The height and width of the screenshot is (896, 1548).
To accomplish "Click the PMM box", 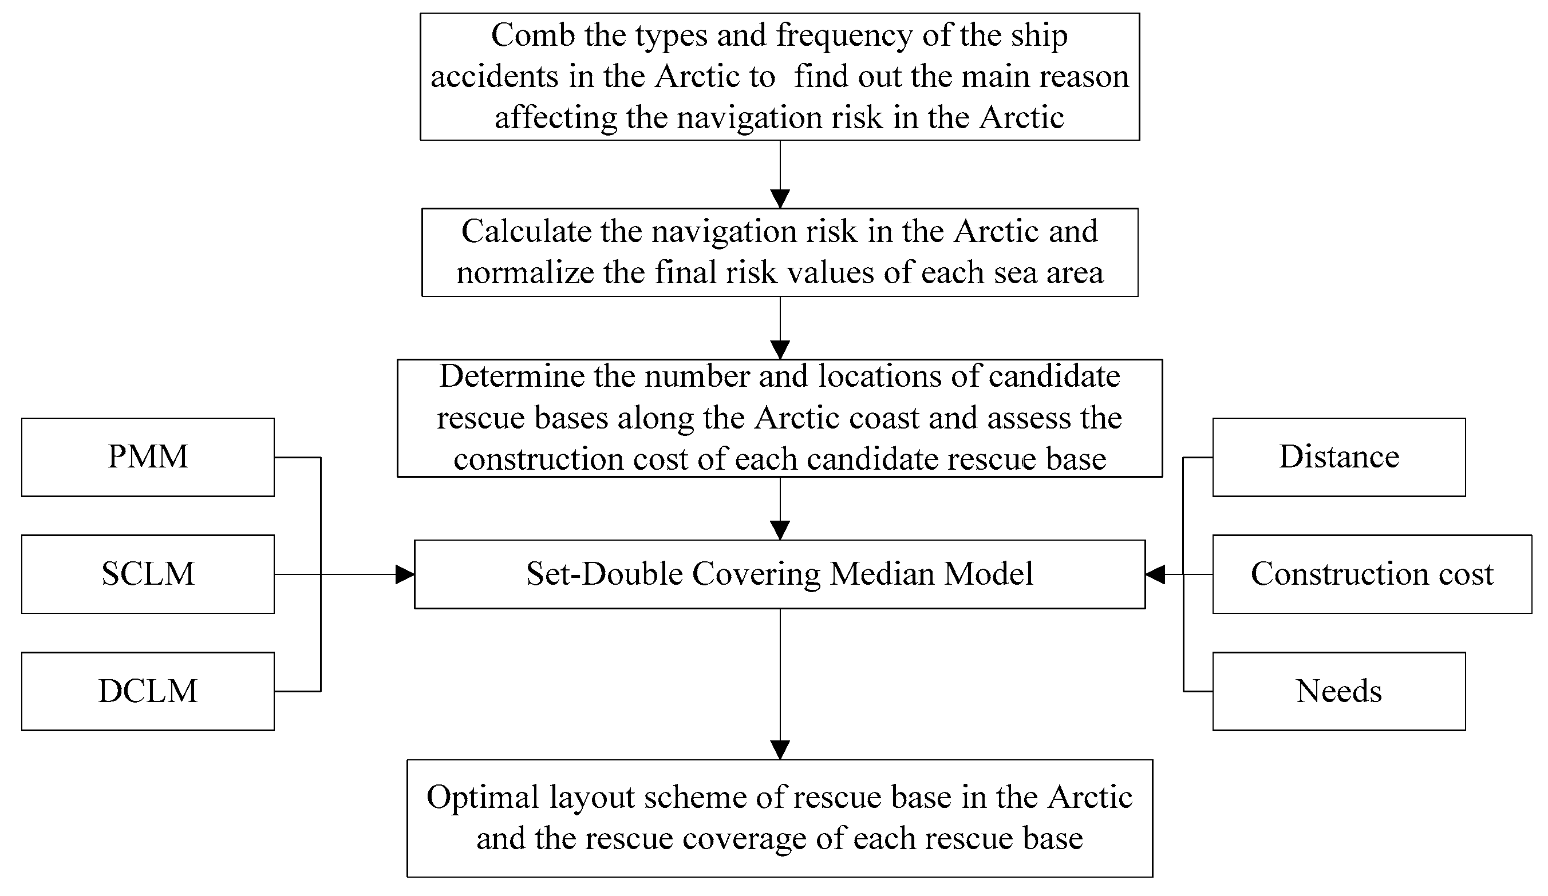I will coord(148,458).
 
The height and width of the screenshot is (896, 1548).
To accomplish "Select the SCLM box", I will coord(148,574).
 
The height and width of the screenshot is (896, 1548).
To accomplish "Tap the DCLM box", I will coord(148,692).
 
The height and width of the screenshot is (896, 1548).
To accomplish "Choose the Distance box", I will coord(1338,458).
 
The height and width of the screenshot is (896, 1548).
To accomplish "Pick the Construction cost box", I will coord(1372,574).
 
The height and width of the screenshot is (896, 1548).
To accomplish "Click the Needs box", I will coord(1338,692).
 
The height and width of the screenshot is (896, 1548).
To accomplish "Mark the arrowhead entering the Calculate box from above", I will coord(780,199).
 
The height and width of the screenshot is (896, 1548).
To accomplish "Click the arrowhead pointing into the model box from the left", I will coord(405,575).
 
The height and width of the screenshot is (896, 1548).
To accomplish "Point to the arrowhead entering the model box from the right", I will coord(1155,575).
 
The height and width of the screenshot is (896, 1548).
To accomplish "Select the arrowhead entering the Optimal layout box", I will coord(780,750).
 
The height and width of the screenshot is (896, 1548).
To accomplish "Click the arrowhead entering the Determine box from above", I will coord(780,350).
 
